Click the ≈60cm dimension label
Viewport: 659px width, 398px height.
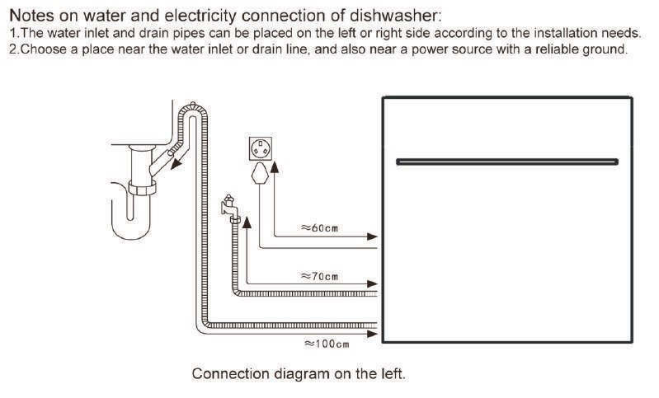click(x=319, y=228)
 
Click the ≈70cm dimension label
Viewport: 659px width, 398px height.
click(x=319, y=276)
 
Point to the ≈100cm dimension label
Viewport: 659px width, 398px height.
click(x=327, y=344)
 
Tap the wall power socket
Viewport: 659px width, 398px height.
click(x=261, y=148)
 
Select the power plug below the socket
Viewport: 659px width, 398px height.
click(x=260, y=174)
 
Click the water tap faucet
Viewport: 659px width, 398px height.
click(x=230, y=208)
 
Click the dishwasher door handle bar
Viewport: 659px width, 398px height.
click(x=507, y=162)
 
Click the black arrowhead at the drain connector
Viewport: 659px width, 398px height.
click(x=177, y=163)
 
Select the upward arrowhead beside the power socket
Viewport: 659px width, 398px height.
click(x=275, y=166)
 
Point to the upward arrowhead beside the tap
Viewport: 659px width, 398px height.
click(x=247, y=222)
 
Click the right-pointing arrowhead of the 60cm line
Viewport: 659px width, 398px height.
click(x=372, y=236)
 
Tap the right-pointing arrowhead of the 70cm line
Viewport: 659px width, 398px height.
click(x=372, y=284)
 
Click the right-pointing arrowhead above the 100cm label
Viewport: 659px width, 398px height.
click(x=372, y=334)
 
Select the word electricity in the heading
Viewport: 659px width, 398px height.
click(x=200, y=16)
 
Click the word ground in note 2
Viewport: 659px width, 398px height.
click(x=604, y=49)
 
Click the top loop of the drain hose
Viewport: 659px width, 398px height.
click(x=193, y=110)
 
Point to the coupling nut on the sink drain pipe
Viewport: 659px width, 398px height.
click(x=142, y=188)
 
